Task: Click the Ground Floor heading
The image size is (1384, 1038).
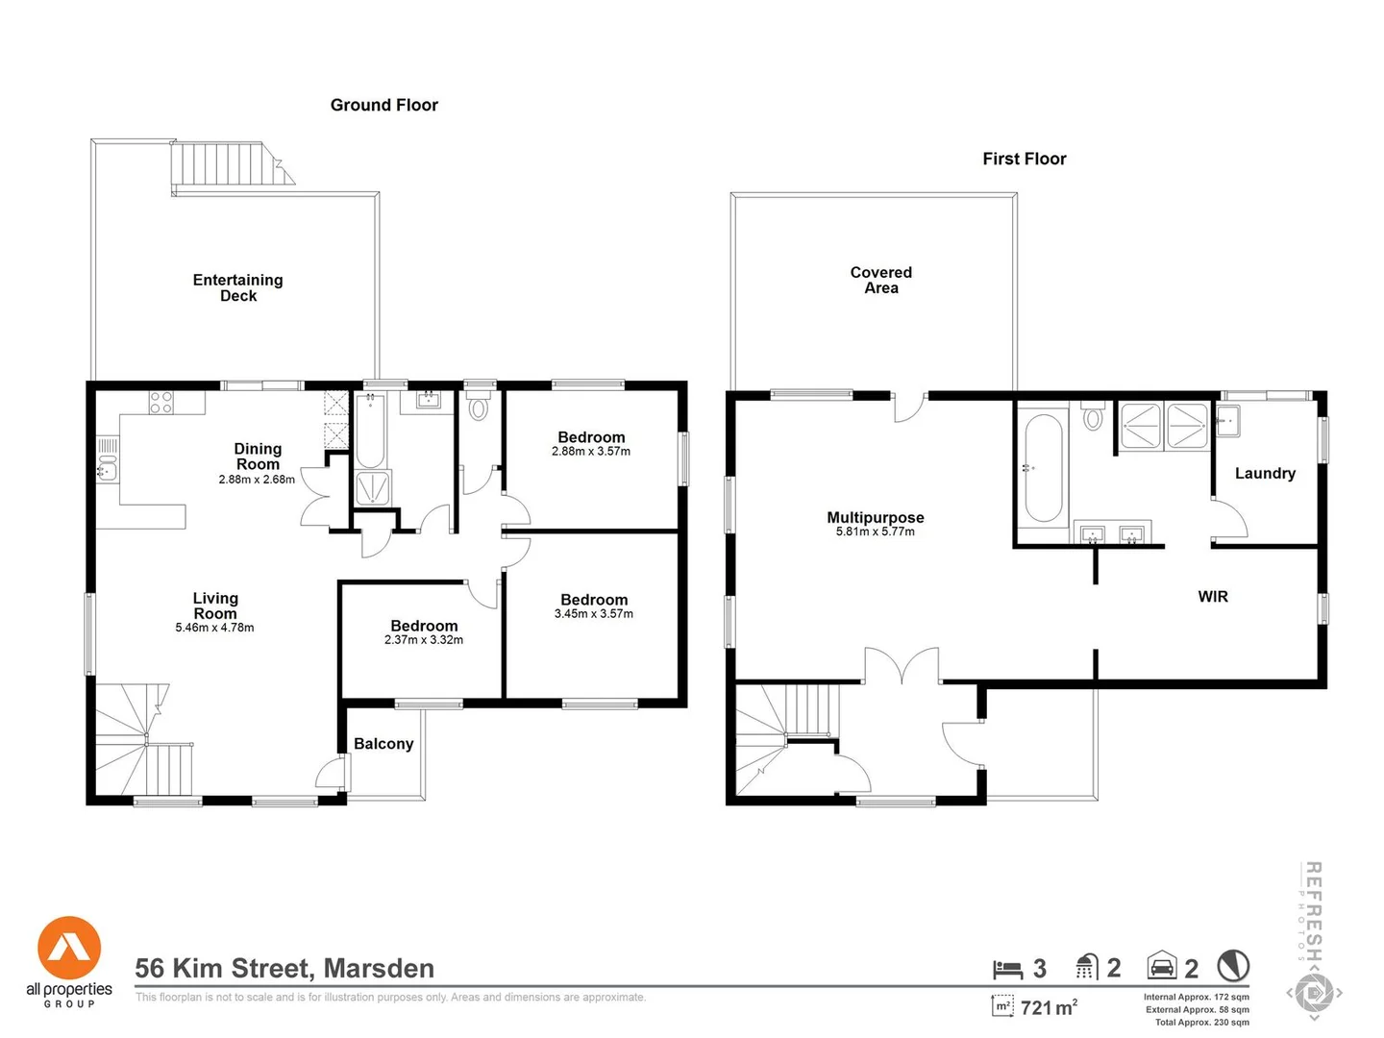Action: pyautogui.click(x=383, y=105)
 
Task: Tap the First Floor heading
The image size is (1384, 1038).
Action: pyautogui.click(x=1024, y=159)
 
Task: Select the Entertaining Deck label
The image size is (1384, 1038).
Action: pyautogui.click(x=237, y=287)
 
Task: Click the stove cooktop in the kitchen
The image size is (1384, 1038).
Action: pyautogui.click(x=161, y=403)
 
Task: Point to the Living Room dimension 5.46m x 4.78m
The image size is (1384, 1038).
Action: pyautogui.click(x=214, y=628)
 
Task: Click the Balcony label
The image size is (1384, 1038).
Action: pyautogui.click(x=383, y=743)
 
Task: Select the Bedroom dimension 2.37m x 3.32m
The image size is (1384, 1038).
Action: pyautogui.click(x=423, y=640)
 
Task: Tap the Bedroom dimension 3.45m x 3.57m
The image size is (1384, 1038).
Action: pyautogui.click(x=593, y=614)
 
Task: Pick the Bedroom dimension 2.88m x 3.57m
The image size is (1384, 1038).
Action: pyautogui.click(x=591, y=452)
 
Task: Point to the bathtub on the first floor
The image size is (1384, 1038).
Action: pyautogui.click(x=1043, y=467)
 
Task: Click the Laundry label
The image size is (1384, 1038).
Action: pyautogui.click(x=1264, y=473)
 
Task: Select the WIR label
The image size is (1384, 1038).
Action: pyautogui.click(x=1212, y=597)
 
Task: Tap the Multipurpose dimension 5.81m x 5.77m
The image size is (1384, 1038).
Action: pyautogui.click(x=875, y=531)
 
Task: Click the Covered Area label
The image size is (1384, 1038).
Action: pyautogui.click(x=880, y=280)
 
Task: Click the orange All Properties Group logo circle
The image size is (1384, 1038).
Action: pyautogui.click(x=69, y=948)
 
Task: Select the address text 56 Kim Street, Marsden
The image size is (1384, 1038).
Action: pyautogui.click(x=284, y=968)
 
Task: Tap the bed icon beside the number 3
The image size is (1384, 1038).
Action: pyautogui.click(x=1006, y=968)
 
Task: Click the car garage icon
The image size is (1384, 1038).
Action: pyautogui.click(x=1162, y=965)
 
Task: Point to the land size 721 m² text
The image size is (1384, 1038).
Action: pyautogui.click(x=1048, y=1007)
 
